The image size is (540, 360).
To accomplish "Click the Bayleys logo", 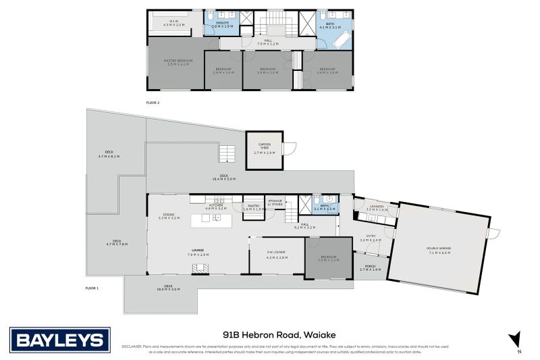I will pos(59,339).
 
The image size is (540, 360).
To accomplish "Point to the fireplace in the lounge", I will pos(201,268).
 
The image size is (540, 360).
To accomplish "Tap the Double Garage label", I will pos(438,249).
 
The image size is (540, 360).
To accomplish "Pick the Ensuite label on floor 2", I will pos(223,24).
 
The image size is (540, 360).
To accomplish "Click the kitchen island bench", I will pos(212,221).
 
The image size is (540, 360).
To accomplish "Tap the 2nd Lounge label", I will pos(277,255).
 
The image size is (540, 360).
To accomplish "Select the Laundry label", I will pos(376,207).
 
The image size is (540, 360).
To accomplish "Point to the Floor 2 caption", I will pos(153,103).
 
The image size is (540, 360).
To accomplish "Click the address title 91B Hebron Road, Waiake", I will pos(279,334).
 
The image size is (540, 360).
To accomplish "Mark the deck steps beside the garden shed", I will pos(228,155).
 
